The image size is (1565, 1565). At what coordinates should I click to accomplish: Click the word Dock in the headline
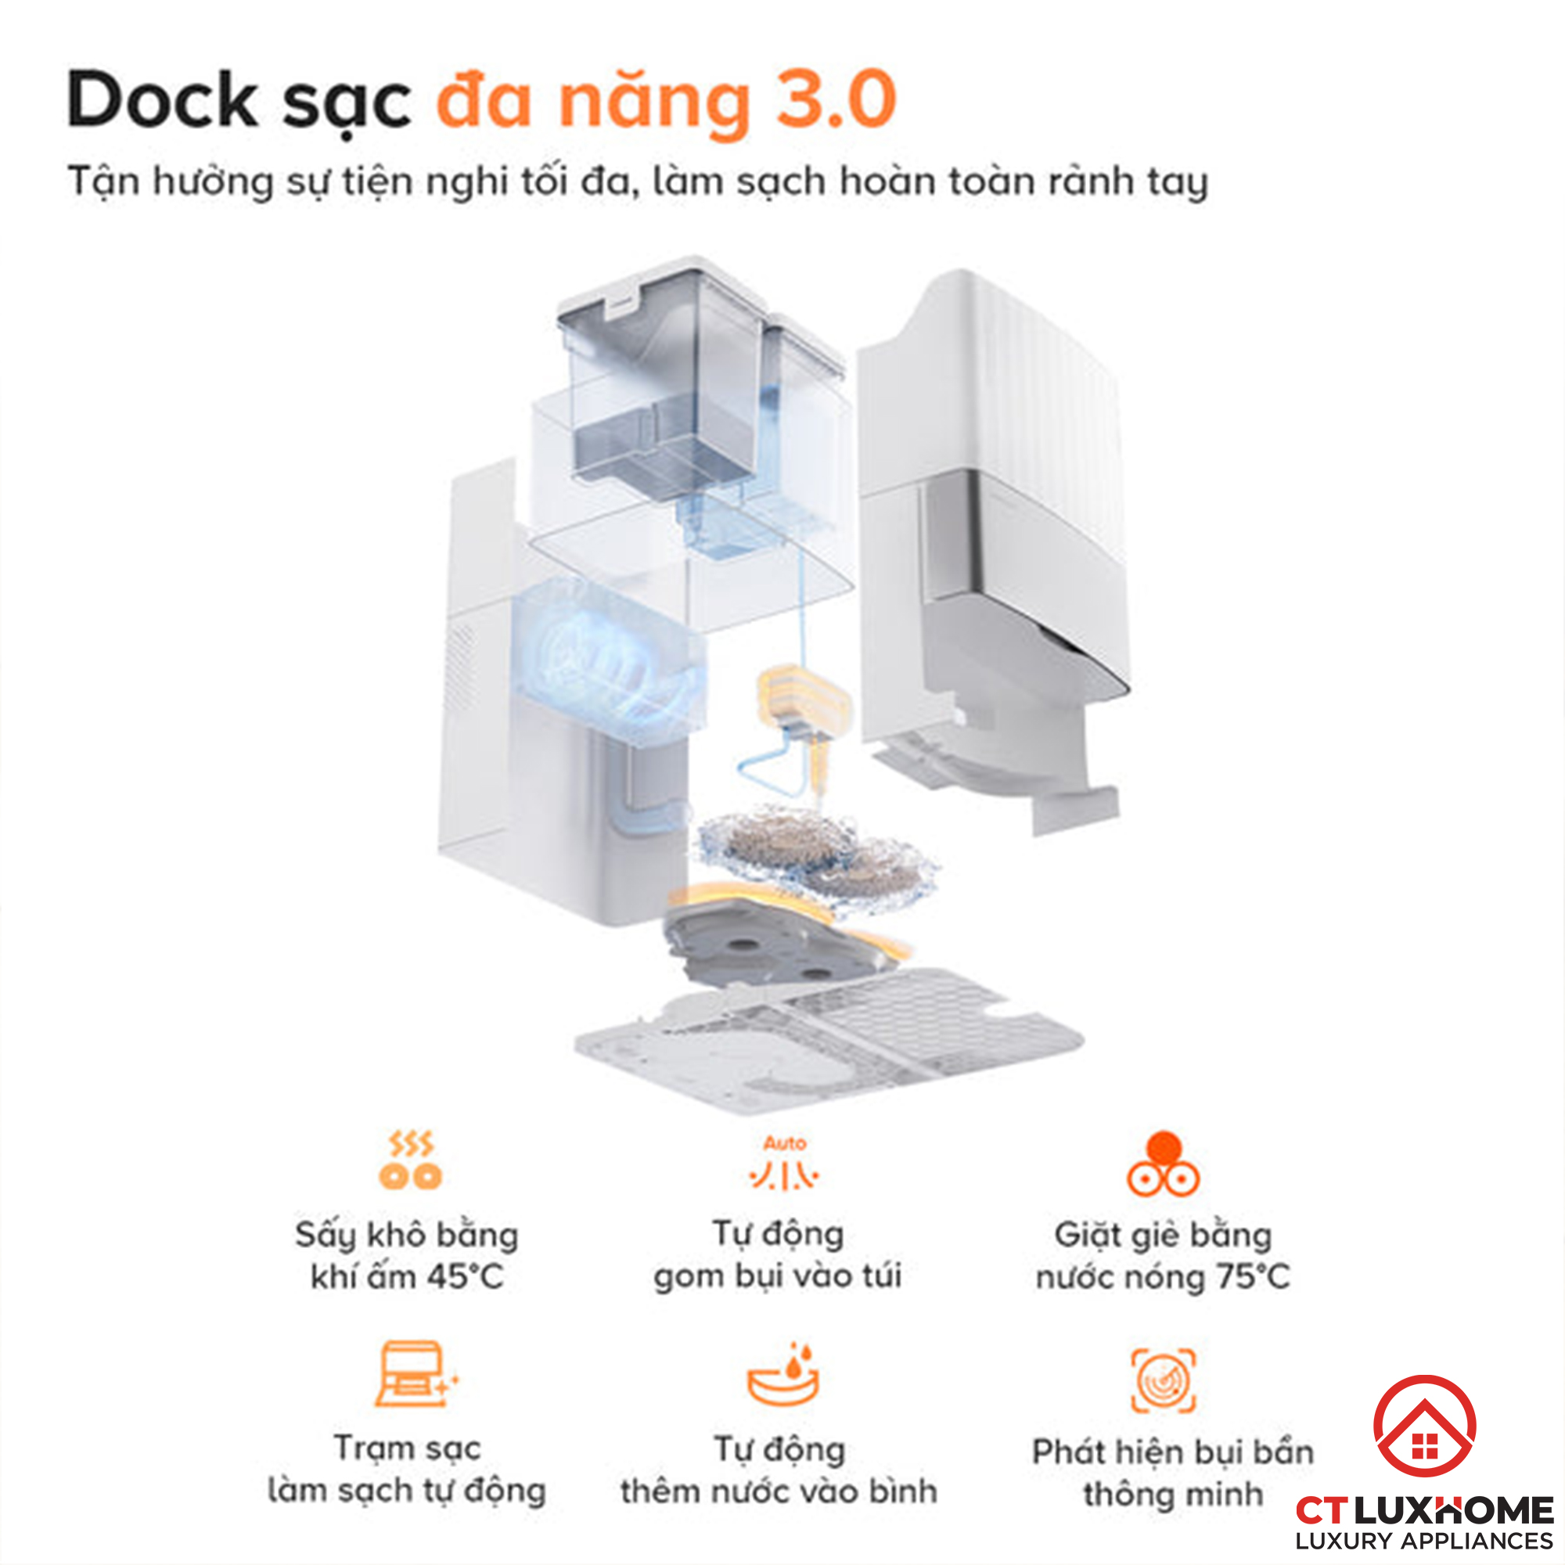click(163, 99)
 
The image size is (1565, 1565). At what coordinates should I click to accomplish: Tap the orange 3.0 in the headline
click(836, 99)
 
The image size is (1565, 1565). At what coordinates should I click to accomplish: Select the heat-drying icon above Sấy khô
click(410, 1160)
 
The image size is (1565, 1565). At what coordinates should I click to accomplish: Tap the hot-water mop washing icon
click(1164, 1164)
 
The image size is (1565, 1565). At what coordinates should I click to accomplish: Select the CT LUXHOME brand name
click(1425, 1510)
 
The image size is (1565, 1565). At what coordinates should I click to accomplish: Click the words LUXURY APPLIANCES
click(1425, 1541)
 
